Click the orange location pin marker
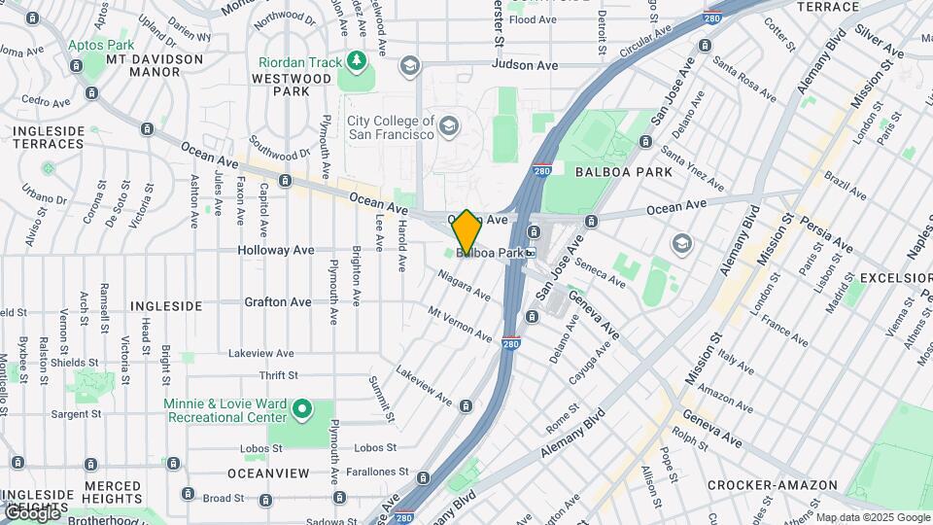[466, 231]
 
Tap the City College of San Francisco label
[391, 127]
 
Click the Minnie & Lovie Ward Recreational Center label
[224, 409]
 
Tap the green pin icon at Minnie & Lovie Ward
[301, 409]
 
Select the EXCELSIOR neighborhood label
[894, 278]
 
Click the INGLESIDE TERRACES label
[48, 137]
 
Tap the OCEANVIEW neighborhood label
[268, 473]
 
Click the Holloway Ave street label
[276, 250]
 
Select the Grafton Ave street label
[278, 302]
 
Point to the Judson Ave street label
[525, 65]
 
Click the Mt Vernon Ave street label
[461, 323]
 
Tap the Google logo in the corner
[31, 512]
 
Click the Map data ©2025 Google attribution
[873, 517]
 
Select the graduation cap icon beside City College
[448, 124]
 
